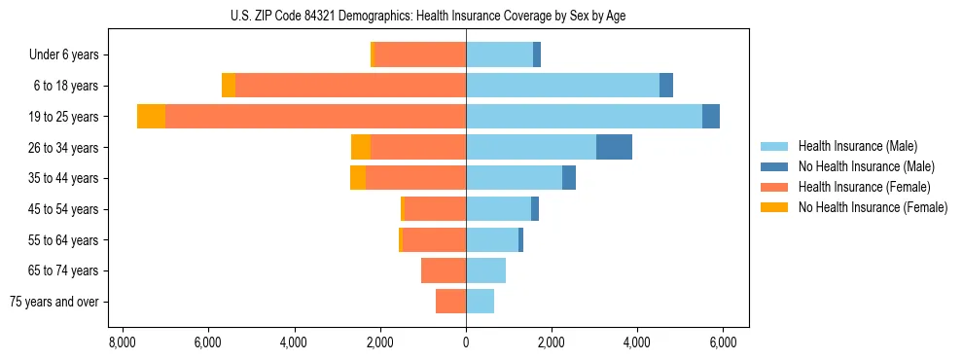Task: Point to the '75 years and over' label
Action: click(53, 302)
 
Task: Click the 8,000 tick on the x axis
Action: click(122, 342)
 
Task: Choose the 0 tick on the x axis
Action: click(466, 342)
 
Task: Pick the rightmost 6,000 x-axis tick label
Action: click(723, 342)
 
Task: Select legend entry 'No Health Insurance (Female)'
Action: click(873, 207)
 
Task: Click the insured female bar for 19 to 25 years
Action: click(315, 117)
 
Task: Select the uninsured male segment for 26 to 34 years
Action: click(614, 147)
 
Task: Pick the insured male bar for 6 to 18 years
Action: click(562, 86)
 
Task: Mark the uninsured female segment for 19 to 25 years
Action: click(151, 117)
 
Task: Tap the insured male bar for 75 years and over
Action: click(480, 302)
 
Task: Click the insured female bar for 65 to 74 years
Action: click(444, 270)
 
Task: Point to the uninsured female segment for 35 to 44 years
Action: click(358, 178)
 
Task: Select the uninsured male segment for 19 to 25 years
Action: click(711, 117)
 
